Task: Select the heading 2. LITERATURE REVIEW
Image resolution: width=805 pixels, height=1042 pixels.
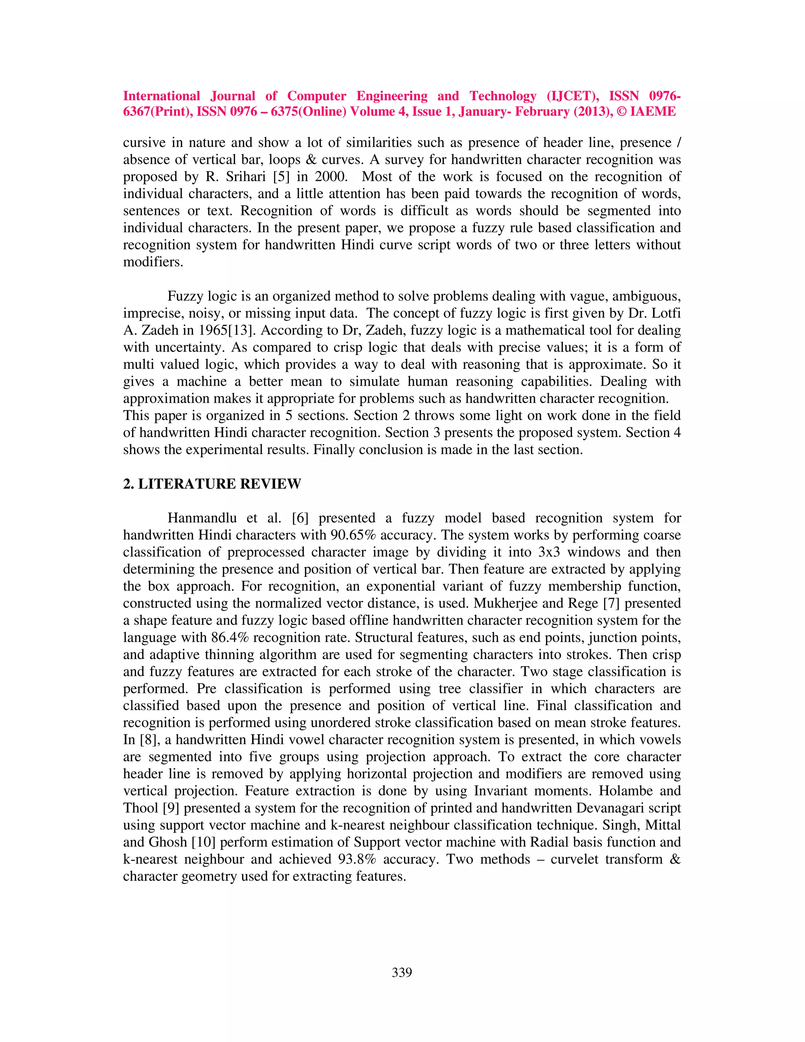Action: click(x=212, y=484)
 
